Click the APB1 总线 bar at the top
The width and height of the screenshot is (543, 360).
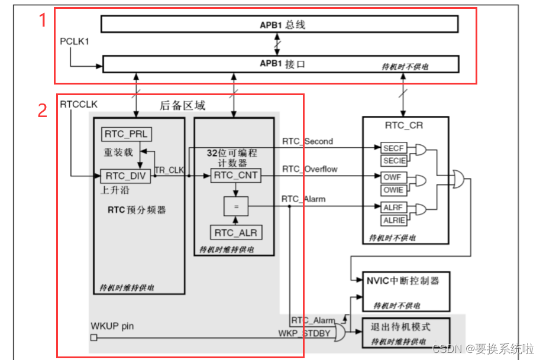click(279, 24)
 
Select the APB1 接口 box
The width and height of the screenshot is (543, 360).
click(279, 64)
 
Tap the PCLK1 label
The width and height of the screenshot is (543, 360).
click(75, 43)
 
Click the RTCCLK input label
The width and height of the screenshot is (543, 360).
click(79, 104)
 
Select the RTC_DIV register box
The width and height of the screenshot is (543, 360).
click(126, 176)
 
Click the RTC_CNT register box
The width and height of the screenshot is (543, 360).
click(235, 175)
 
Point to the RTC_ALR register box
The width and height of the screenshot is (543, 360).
click(235, 232)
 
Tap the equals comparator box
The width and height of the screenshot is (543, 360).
click(235, 206)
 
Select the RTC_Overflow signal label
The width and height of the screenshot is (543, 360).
click(309, 169)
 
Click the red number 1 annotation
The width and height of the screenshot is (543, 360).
click(42, 20)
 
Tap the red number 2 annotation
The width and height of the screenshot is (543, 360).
click(42, 110)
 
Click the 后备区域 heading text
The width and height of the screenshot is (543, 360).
click(183, 106)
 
